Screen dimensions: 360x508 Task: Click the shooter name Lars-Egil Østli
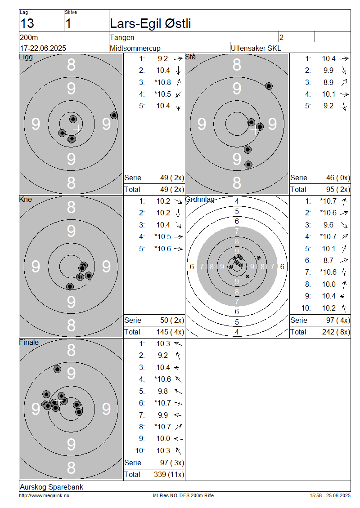(150, 24)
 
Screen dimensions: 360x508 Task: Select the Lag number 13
(27, 24)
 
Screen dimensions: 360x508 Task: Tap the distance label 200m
(29, 38)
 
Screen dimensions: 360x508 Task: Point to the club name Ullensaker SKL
(256, 48)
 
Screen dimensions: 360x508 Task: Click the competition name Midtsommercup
(135, 49)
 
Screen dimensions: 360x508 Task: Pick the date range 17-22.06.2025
(43, 48)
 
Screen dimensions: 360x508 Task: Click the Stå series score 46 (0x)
(338, 178)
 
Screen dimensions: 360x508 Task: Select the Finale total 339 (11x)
(169, 475)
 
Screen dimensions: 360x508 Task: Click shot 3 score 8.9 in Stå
(328, 83)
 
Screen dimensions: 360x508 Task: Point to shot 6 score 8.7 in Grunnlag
(328, 260)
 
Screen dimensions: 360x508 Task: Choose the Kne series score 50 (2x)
(172, 321)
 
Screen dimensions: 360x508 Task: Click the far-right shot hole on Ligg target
(114, 116)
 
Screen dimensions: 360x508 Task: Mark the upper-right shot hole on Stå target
(269, 86)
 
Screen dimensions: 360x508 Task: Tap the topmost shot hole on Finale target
(58, 369)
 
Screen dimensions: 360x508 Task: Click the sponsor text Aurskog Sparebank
(52, 487)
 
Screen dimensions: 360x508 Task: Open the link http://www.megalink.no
(44, 496)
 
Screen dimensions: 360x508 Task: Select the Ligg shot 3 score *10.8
(163, 83)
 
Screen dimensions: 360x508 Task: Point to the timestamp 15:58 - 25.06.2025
(330, 496)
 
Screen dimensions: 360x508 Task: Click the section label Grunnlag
(200, 200)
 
